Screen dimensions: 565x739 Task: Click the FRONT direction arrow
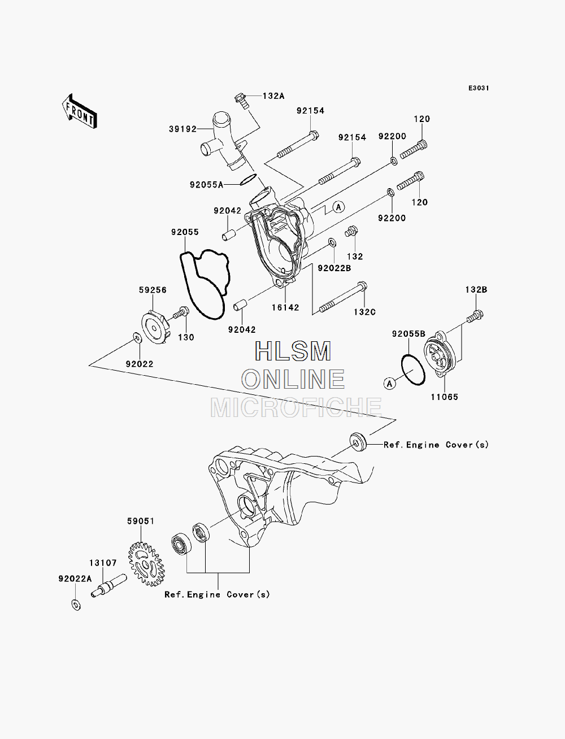pyautogui.click(x=80, y=111)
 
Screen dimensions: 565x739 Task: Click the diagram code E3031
pyautogui.click(x=479, y=88)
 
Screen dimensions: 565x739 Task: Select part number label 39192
pyautogui.click(x=182, y=129)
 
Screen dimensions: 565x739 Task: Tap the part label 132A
pyautogui.click(x=273, y=96)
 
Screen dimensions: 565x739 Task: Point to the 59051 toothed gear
pyautogui.click(x=146, y=564)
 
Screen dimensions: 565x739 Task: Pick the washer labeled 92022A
pyautogui.click(x=76, y=605)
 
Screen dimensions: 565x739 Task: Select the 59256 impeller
pyautogui.click(x=157, y=328)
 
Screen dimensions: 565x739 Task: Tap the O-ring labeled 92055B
pyautogui.click(x=413, y=369)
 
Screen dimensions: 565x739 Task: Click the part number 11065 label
pyautogui.click(x=445, y=397)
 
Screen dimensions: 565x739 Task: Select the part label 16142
pyautogui.click(x=285, y=307)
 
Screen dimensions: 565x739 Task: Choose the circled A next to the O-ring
pyautogui.click(x=390, y=383)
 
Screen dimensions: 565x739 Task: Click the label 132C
pyautogui.click(x=364, y=312)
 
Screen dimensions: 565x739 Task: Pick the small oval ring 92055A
pyautogui.click(x=249, y=180)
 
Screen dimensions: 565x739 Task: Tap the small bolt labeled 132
pyautogui.click(x=351, y=231)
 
